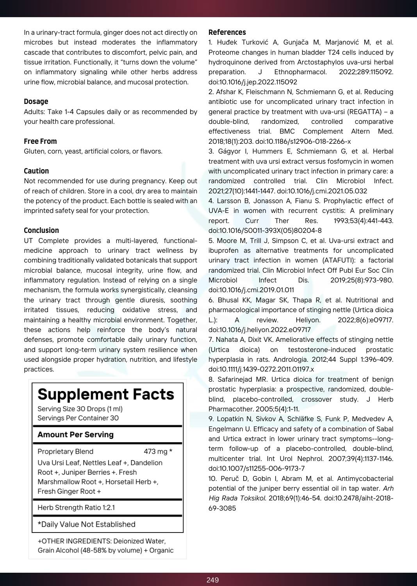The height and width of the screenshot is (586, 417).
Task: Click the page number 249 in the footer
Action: click(212, 580)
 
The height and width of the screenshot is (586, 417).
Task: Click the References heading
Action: click(227, 32)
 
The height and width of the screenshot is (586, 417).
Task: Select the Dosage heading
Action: click(36, 102)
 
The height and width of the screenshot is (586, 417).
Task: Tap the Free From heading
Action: click(40, 141)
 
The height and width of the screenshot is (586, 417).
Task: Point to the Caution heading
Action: click(36, 171)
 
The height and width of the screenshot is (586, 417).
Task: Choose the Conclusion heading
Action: click(41, 230)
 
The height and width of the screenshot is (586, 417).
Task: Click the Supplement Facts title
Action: click(106, 395)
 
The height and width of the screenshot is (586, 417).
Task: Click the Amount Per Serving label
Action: click(75, 435)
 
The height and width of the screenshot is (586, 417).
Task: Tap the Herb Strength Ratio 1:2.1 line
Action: click(76, 508)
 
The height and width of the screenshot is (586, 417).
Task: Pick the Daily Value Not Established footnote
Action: click(86, 525)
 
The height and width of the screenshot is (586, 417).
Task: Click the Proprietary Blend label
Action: click(65, 452)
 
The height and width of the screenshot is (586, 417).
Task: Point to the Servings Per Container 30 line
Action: click(78, 418)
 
